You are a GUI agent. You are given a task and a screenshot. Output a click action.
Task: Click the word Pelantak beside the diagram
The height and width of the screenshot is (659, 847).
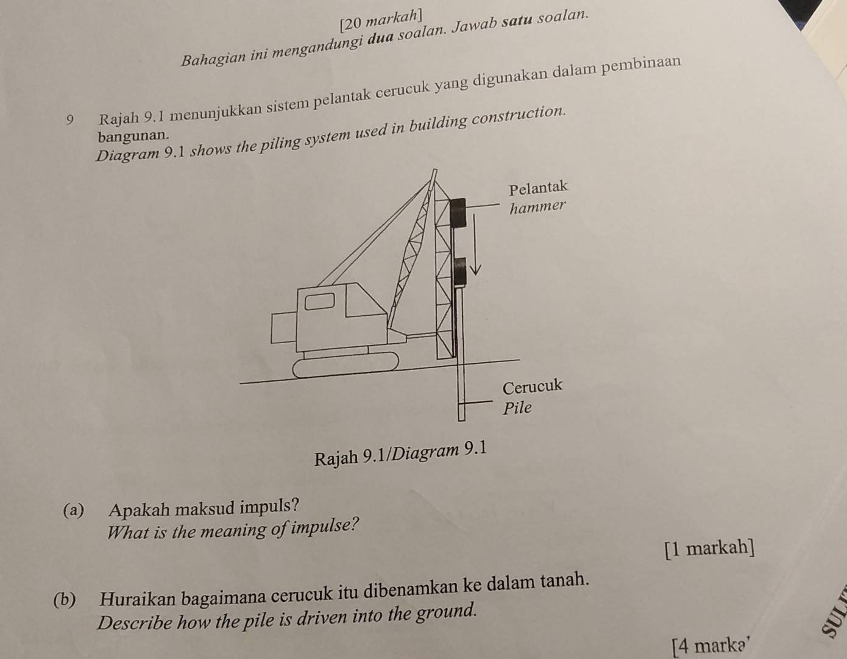pyautogui.click(x=538, y=187)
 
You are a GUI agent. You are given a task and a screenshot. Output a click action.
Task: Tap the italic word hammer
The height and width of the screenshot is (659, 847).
pyautogui.click(x=537, y=207)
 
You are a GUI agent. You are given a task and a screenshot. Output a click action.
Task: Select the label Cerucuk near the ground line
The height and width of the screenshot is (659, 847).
pyautogui.click(x=532, y=386)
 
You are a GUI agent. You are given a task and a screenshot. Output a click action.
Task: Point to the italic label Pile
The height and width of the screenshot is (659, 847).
pyautogui.click(x=517, y=408)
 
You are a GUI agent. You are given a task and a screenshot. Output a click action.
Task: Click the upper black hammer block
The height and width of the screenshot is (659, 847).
pyautogui.click(x=458, y=212)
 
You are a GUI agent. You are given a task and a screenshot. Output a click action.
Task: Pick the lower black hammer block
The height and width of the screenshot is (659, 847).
pyautogui.click(x=459, y=271)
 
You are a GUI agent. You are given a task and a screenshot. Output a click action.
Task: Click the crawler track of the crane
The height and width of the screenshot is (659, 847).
pyautogui.click(x=346, y=366)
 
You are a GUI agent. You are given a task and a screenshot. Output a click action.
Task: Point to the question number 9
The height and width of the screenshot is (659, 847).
pyautogui.click(x=72, y=119)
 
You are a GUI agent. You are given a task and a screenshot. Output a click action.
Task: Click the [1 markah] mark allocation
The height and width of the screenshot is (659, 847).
pyautogui.click(x=709, y=548)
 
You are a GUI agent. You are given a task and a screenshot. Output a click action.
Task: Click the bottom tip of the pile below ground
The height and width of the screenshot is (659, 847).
pyautogui.click(x=461, y=418)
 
